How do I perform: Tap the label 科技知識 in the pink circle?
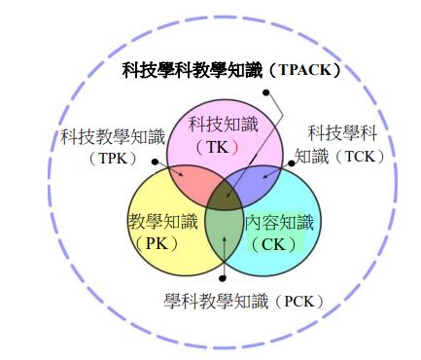[223, 125]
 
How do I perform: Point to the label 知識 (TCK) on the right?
[340, 156]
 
